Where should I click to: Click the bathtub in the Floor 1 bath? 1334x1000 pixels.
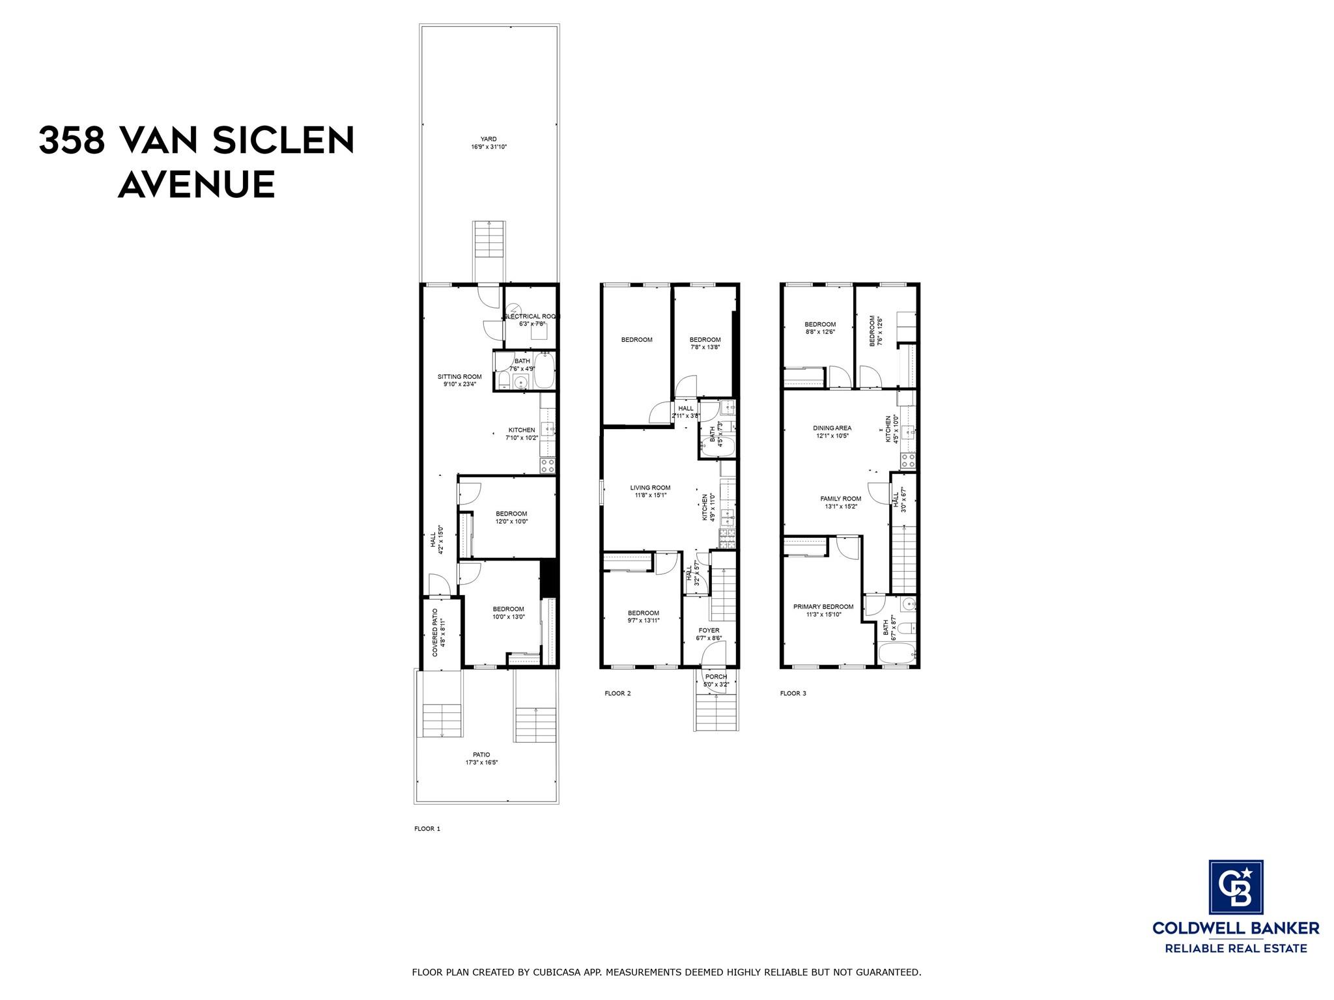[544, 372]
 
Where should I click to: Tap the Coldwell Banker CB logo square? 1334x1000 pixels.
[1236, 896]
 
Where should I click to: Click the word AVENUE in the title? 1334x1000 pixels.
[196, 185]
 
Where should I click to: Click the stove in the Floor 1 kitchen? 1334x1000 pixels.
[548, 465]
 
